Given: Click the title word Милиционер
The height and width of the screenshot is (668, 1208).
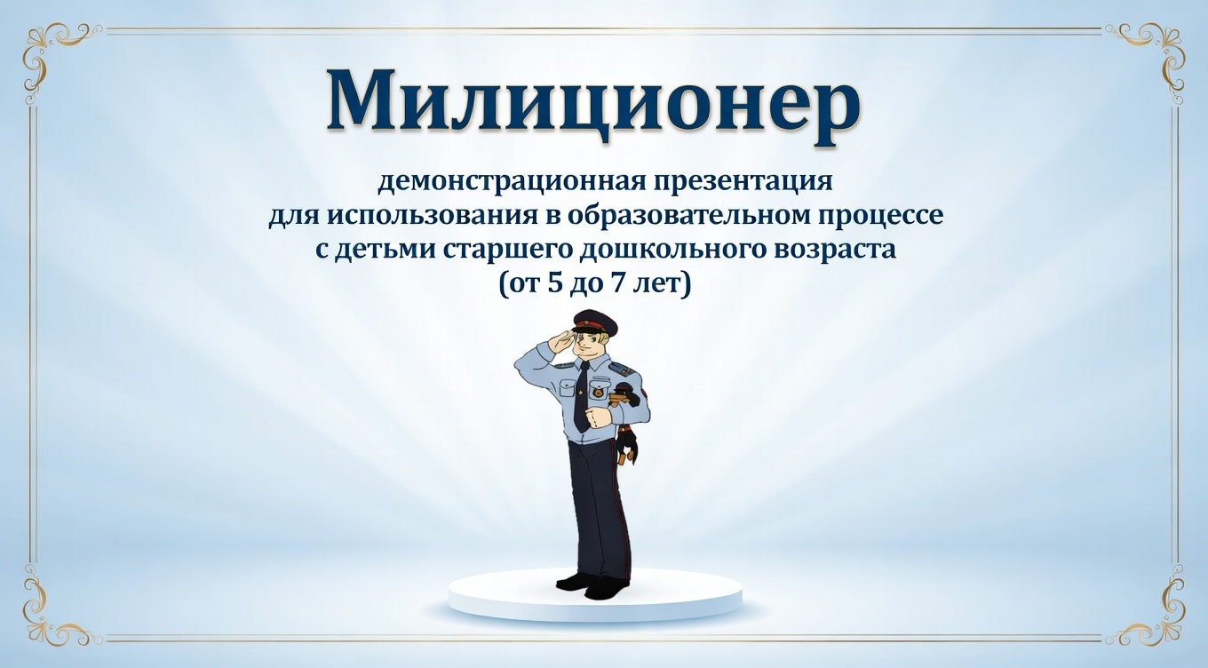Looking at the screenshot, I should point(593,99).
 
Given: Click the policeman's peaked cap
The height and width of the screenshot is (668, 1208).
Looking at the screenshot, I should point(589,320).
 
